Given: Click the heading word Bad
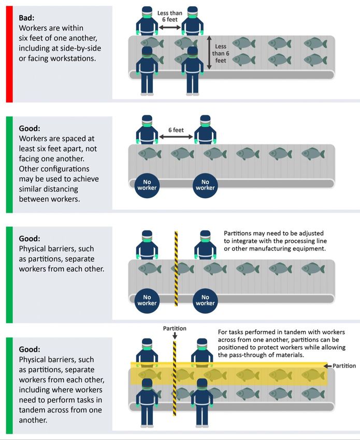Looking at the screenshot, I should (x=26, y=18).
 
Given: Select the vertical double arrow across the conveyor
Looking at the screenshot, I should (x=209, y=52).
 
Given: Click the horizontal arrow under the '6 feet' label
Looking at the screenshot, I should (x=176, y=137).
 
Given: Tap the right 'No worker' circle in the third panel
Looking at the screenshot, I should (x=205, y=300).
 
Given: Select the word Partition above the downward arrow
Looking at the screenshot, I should (x=175, y=328).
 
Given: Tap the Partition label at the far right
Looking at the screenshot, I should (x=344, y=366).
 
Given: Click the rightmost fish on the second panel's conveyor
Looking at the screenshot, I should (x=313, y=154).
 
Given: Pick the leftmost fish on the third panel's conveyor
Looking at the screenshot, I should (x=149, y=269).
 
